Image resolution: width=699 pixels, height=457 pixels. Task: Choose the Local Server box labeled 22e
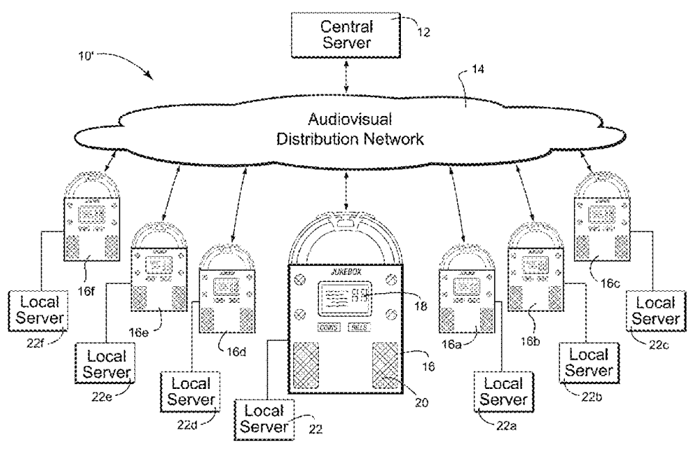pyautogui.click(x=106, y=364)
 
